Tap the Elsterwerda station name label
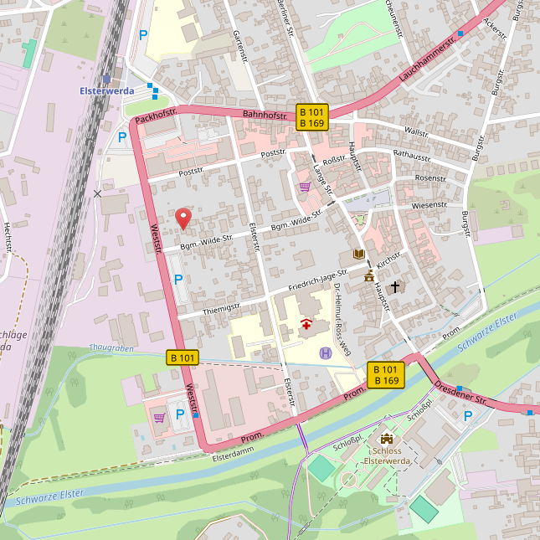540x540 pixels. tap(106, 91)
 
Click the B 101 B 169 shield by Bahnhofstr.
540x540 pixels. tap(311, 117)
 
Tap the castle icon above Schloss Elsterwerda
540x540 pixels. tap(386, 438)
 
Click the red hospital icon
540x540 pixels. tap(307, 325)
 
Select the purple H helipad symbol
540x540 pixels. tap(325, 353)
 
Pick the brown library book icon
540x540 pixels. tap(358, 254)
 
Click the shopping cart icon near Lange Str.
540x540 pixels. tap(305, 187)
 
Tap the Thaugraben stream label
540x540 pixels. tap(111, 347)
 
